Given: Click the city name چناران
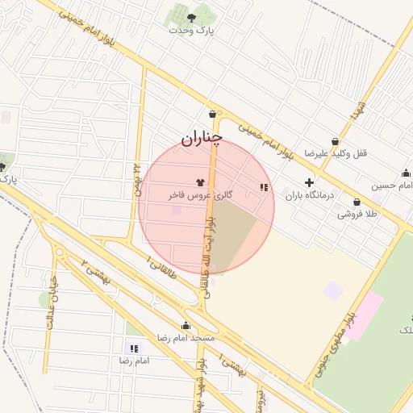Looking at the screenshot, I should point(200,139).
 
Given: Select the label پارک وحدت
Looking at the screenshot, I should point(192,29).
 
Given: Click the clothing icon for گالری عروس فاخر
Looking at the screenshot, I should point(200,182).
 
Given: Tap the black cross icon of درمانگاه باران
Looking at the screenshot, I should point(309,183).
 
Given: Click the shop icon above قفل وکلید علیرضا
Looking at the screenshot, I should point(336,141).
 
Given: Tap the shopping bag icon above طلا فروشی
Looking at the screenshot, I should point(357,202).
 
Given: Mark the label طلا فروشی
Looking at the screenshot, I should point(357,215).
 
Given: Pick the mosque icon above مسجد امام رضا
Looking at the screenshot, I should point(186,326).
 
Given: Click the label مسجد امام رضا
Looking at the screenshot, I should point(186,338).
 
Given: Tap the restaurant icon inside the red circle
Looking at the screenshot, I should point(263,187).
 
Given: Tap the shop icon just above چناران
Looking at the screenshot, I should point(212,115).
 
